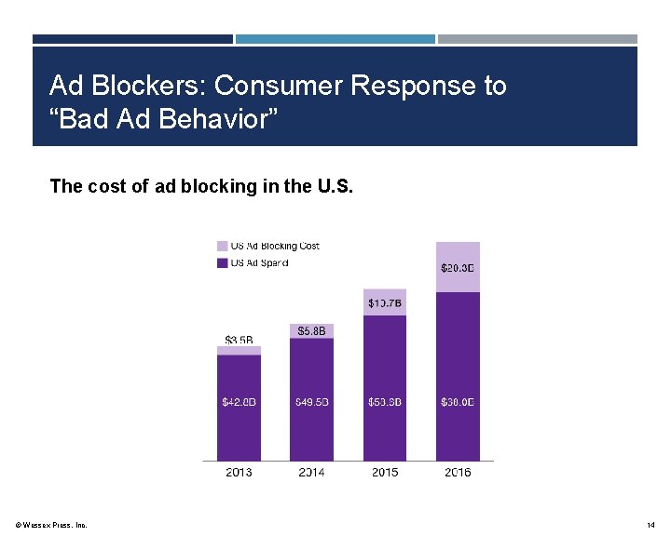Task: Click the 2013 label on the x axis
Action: (239, 472)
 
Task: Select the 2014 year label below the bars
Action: (311, 472)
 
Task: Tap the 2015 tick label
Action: (385, 472)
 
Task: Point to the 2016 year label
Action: (458, 472)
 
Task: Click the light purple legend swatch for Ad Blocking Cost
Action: (222, 247)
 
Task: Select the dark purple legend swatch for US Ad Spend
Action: (222, 263)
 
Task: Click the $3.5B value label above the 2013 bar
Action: (239, 339)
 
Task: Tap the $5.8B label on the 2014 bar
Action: (311, 330)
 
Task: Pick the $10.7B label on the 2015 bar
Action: (385, 302)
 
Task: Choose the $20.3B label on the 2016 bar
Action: (458, 268)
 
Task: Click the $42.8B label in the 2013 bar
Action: (239, 402)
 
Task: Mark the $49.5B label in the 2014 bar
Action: (311, 402)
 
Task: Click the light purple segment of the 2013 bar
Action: (239, 351)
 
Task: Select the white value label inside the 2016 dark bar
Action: (458, 402)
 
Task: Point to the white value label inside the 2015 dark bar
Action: (385, 402)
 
